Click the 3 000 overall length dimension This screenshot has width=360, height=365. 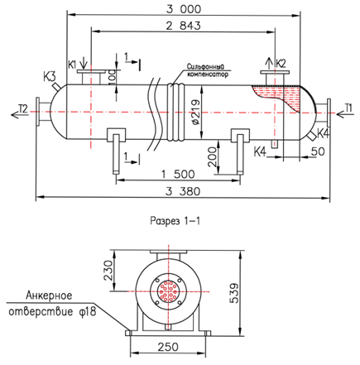coord(184,9)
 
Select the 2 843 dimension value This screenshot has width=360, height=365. coord(183,26)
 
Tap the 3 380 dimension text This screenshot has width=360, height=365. coord(183,191)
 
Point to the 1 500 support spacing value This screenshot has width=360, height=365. coord(178,174)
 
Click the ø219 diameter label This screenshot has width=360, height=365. coord(195,113)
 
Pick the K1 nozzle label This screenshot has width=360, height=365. coord(72,65)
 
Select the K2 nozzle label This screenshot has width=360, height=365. coord(281,64)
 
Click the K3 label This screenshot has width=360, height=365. coord(50,77)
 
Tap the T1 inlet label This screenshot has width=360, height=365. coord(348,108)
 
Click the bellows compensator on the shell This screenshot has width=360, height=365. coord(175,112)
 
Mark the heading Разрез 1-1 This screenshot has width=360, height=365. coord(175,221)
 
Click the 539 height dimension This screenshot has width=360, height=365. coord(234,293)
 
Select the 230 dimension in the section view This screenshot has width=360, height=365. coord(108,271)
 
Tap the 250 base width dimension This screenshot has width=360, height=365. coord(168,347)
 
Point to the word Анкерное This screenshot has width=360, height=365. coord(49,295)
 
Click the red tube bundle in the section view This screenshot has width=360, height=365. coord(168,291)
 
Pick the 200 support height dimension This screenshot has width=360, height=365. coord(213,156)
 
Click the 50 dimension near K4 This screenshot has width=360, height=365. coord(318,151)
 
